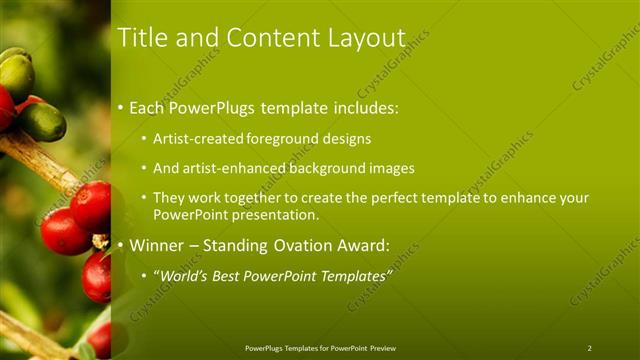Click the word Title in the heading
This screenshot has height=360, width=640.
140,38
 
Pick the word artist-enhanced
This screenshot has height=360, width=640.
232,169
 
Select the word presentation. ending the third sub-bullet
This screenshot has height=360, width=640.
271,215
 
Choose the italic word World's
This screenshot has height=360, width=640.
184,275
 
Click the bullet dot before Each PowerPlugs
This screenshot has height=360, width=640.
121,107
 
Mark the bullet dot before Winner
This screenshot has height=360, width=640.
121,246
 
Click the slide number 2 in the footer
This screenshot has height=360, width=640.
589,348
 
